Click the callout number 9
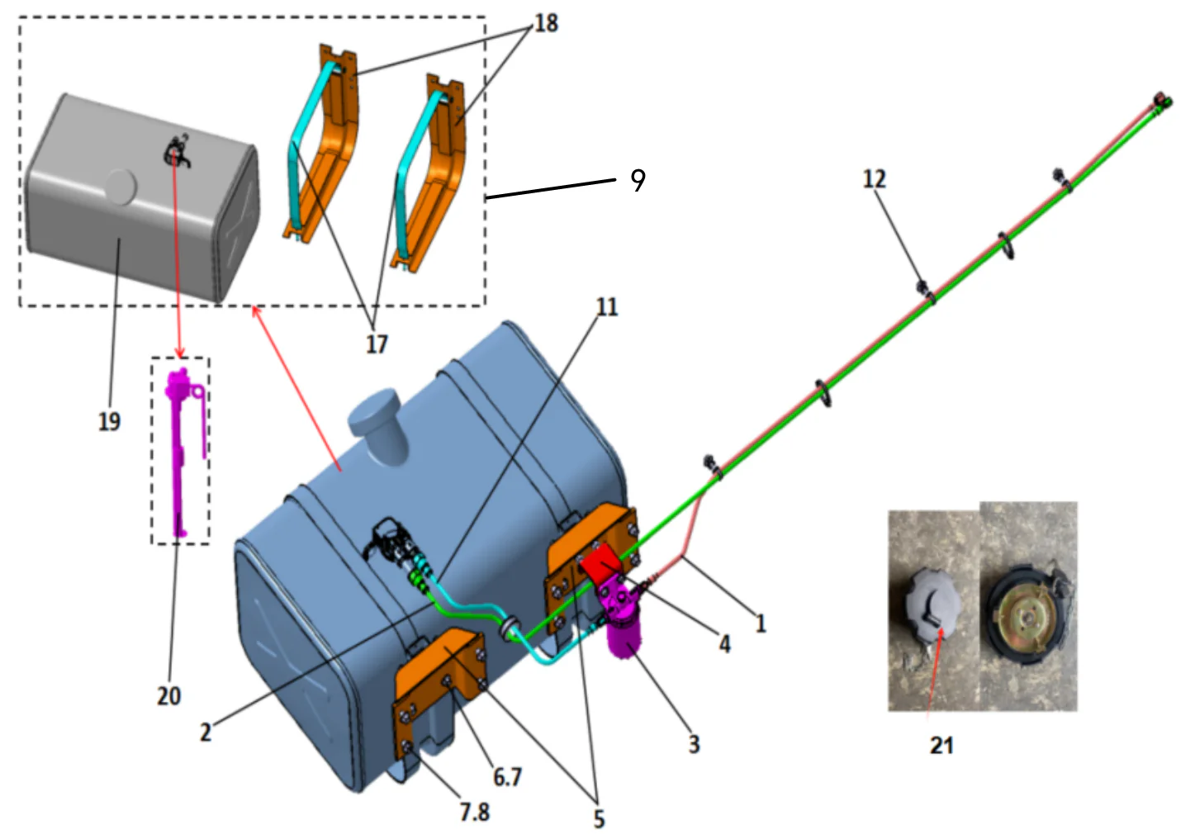coord(638,180)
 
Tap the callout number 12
coord(874,179)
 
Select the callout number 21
coord(941,745)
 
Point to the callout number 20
coord(168,696)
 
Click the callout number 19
coord(109,421)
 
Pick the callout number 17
coord(377,344)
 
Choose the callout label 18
coord(546,23)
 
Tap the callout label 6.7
coord(507,777)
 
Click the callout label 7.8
coord(475,813)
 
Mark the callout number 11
coord(607,307)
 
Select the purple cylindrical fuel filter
coord(625,637)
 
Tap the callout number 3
coord(694,744)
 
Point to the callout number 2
coord(205,732)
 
